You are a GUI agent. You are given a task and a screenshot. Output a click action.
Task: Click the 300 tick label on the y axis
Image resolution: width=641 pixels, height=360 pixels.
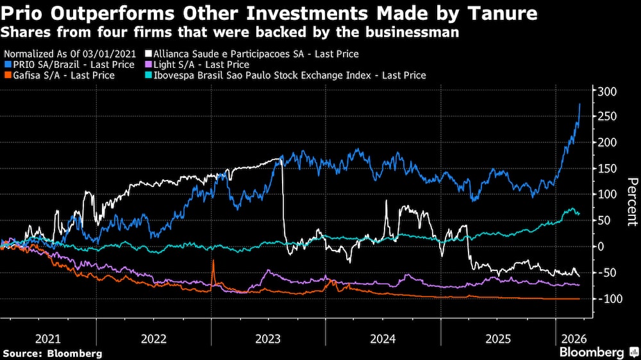(607, 91)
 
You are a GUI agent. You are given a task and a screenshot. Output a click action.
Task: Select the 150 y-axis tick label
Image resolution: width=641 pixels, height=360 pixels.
(607, 168)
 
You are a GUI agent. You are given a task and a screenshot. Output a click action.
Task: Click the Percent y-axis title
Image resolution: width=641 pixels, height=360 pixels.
(631, 202)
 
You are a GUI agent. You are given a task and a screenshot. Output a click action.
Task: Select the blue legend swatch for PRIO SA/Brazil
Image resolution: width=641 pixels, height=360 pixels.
(7, 65)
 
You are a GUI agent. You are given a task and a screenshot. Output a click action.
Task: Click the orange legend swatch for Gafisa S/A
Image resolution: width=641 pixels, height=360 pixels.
(7, 76)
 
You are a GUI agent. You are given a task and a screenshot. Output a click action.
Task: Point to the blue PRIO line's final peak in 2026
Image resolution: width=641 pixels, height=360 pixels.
(580, 104)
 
